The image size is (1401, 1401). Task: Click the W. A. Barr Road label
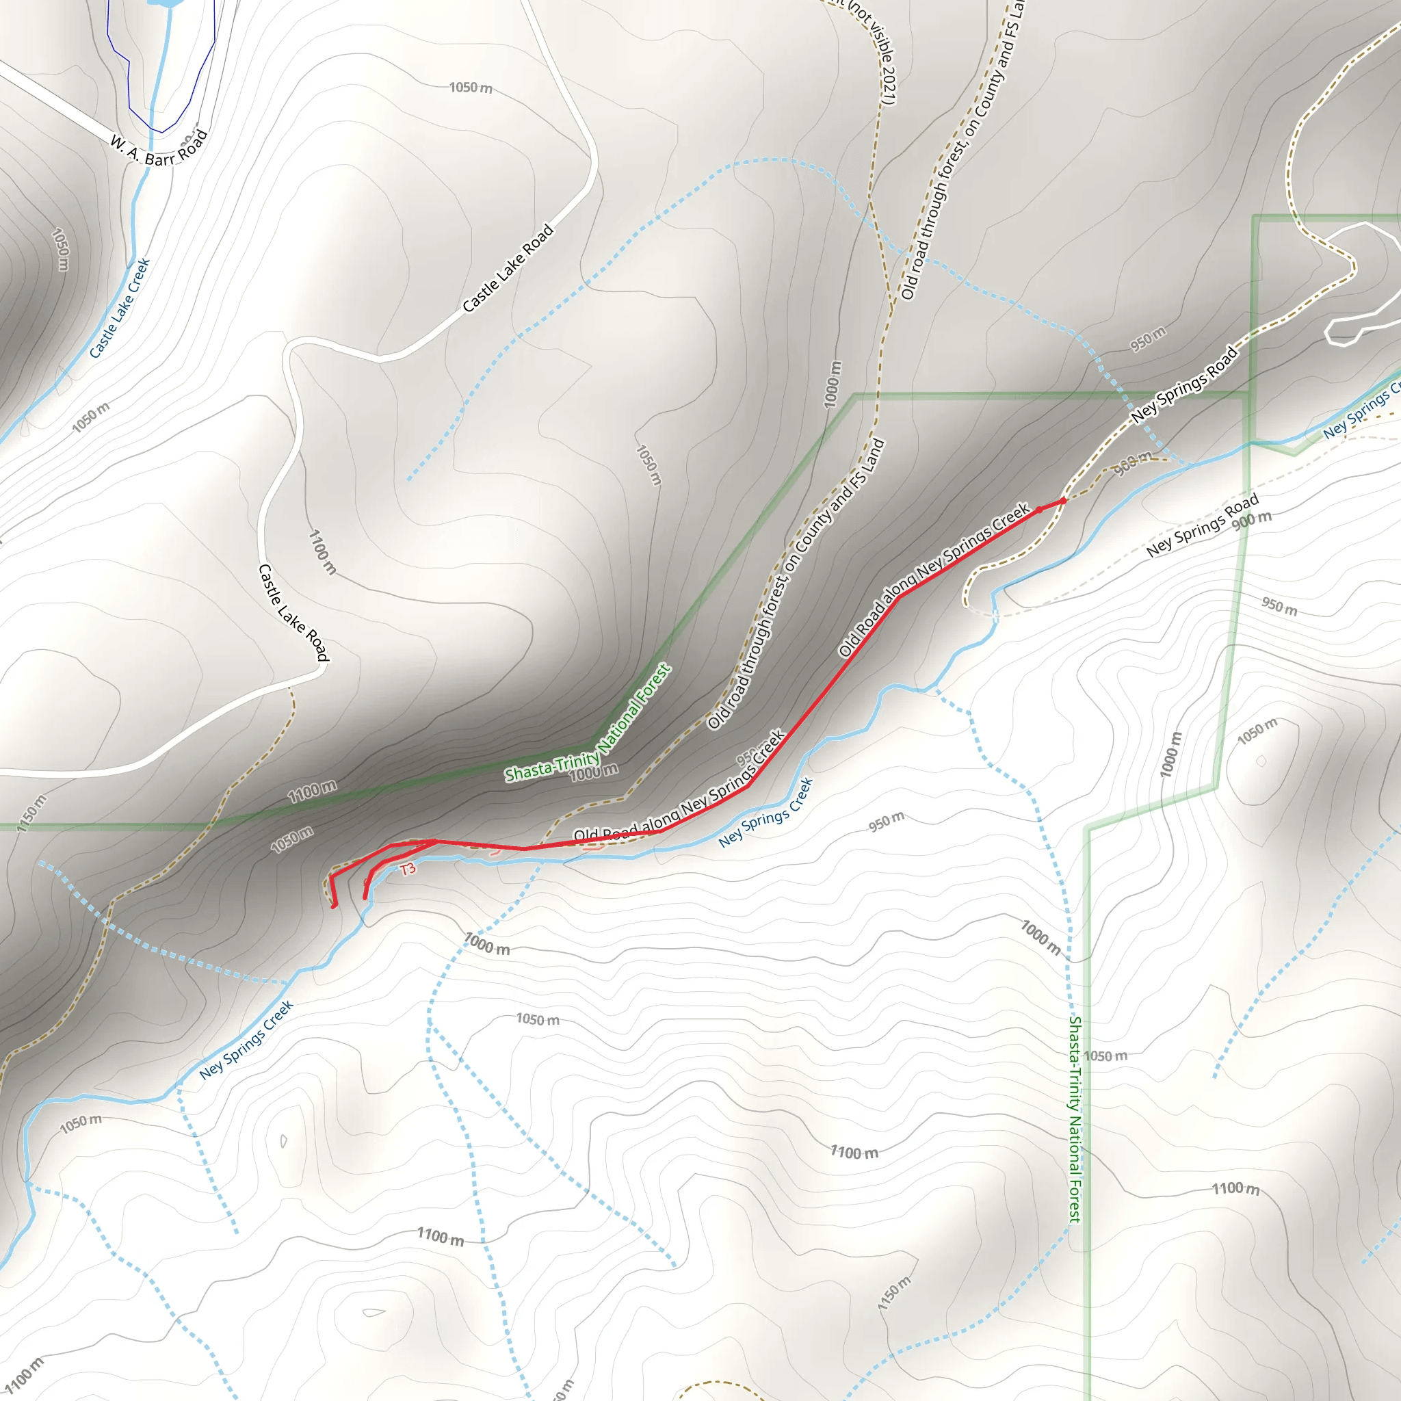159,149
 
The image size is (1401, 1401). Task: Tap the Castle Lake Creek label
120,309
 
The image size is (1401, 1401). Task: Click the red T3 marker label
408,869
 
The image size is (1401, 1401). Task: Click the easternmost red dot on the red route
1063,500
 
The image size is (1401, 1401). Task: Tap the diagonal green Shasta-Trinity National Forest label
588,724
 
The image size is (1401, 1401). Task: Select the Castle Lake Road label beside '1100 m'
293,612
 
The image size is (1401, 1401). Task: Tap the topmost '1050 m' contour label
471,88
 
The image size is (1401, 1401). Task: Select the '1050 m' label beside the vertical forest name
1105,1056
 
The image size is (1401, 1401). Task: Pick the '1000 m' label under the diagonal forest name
594,773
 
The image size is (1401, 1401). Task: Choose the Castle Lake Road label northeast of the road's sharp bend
508,268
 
